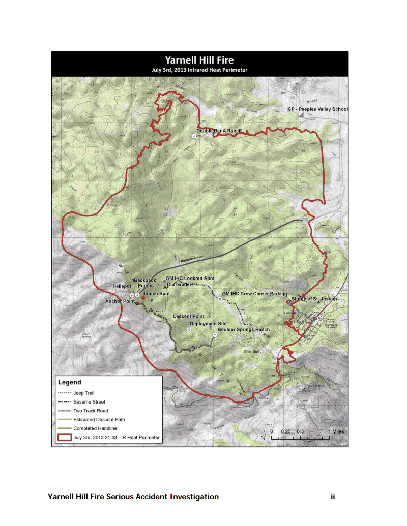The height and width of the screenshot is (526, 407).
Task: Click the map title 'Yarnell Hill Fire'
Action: [x=199, y=60]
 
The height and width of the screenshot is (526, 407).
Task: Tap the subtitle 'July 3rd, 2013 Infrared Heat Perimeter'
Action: [x=199, y=70]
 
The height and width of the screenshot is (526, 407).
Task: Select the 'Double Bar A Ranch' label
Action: [x=219, y=131]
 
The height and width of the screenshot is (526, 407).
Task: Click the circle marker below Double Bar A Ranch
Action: [x=193, y=136]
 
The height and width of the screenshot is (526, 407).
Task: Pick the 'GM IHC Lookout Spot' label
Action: [x=191, y=279]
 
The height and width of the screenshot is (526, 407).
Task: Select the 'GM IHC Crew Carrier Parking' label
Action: [x=254, y=294]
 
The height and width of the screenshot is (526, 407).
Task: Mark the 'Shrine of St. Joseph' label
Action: [x=314, y=299]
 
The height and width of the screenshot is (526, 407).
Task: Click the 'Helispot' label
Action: [x=122, y=286]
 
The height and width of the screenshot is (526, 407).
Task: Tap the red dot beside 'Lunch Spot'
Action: [x=143, y=298]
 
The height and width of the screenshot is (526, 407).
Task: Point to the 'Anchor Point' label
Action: [x=120, y=301]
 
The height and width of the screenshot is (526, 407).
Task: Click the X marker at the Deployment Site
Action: [x=189, y=329]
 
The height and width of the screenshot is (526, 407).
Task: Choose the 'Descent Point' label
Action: [x=189, y=316]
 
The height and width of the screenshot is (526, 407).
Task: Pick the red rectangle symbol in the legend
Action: [x=64, y=437]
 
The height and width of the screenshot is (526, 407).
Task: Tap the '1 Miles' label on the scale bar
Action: [x=336, y=431]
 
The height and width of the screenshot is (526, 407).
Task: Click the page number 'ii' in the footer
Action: [x=333, y=497]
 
